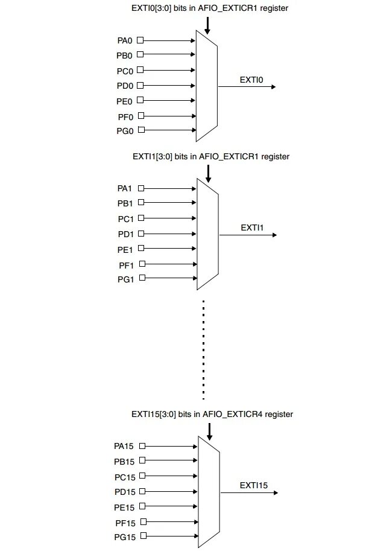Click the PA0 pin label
125,40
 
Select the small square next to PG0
140,130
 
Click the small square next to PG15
142,536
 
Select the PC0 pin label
125,71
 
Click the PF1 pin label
125,264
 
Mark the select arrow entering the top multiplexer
207,25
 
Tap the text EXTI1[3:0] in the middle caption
152,156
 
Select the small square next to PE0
140,100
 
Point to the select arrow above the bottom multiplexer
209,431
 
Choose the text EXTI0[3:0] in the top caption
151,8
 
